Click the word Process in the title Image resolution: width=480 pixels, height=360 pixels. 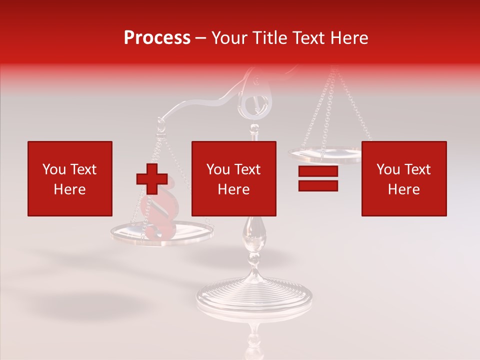157,38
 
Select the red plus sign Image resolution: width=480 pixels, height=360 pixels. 152,178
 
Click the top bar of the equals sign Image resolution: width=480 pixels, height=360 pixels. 318,171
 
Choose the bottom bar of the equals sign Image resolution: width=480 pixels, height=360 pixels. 318,185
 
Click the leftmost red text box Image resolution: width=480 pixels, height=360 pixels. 70,178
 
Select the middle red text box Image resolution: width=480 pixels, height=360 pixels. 233,178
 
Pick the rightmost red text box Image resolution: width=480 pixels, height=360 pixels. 403,178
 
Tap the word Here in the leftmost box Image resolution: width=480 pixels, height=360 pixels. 69,189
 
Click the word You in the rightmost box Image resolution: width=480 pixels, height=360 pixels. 387,169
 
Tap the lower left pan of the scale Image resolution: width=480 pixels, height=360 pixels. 161,232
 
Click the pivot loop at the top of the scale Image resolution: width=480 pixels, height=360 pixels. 258,98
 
